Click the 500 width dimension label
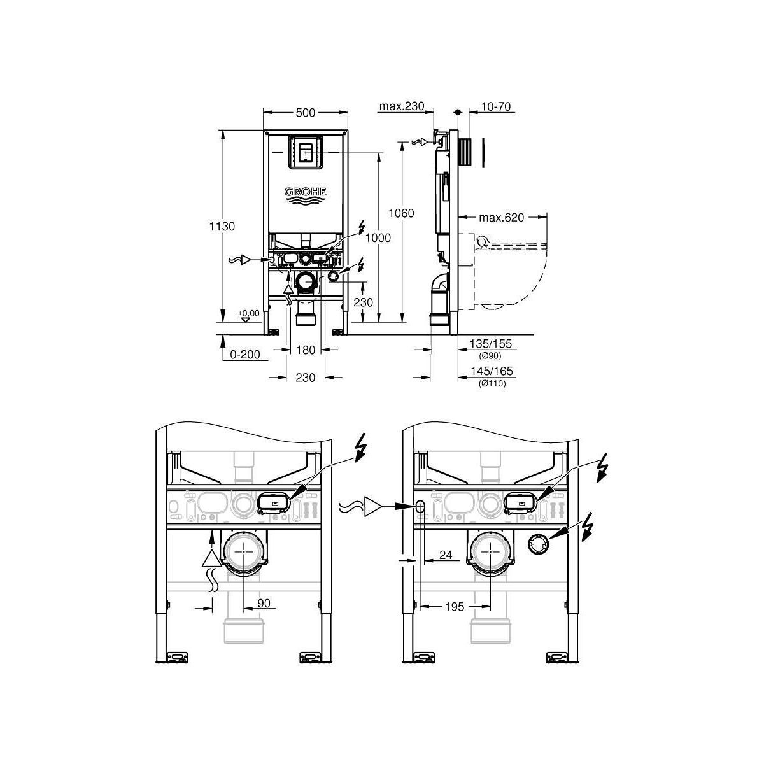point(306,113)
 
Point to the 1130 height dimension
point(222,227)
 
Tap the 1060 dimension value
point(401,213)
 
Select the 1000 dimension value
point(378,238)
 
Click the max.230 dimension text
point(402,106)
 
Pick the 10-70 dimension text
point(495,106)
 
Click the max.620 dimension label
point(502,217)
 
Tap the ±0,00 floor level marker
point(248,314)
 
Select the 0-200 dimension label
point(245,355)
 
